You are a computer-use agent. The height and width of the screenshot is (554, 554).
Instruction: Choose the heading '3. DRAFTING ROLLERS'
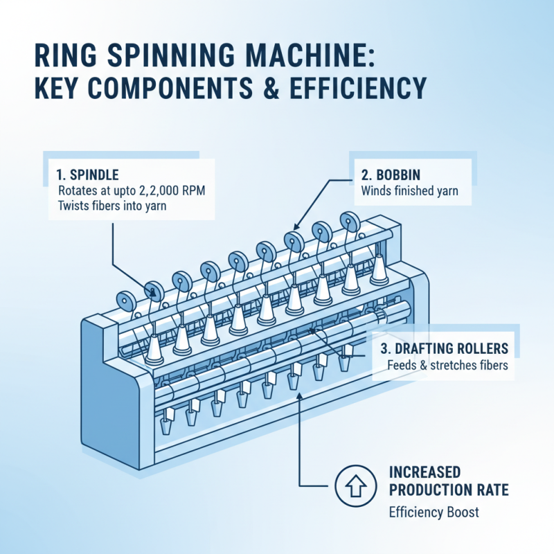445,348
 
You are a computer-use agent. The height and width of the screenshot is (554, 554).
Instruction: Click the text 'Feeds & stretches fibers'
447,365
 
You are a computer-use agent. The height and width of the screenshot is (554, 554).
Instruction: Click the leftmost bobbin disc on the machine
126,301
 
